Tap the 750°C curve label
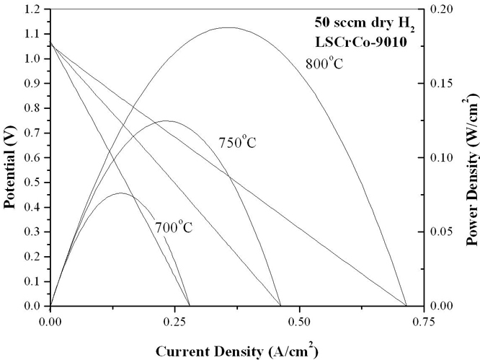tap(237, 142)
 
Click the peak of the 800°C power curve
tap(257, 27)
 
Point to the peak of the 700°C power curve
tap(103, 193)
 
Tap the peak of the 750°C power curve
tap(169, 120)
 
